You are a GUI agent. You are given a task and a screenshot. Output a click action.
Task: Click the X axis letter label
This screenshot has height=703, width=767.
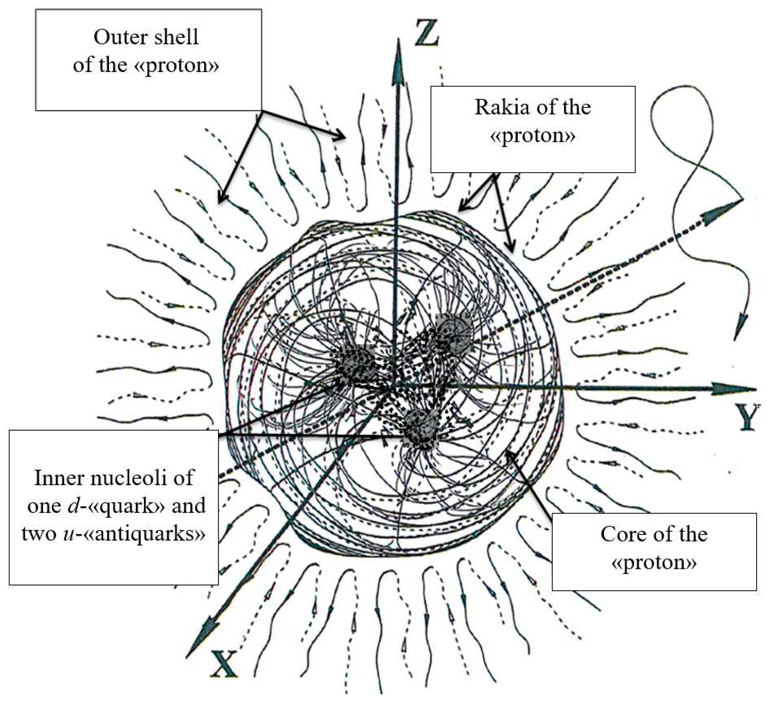click(x=224, y=664)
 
